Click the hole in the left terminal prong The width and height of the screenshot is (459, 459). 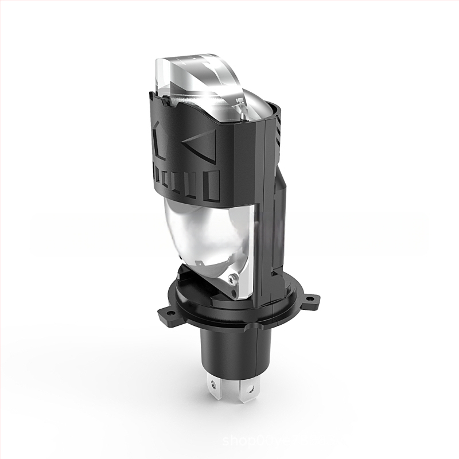tap(213, 380)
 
